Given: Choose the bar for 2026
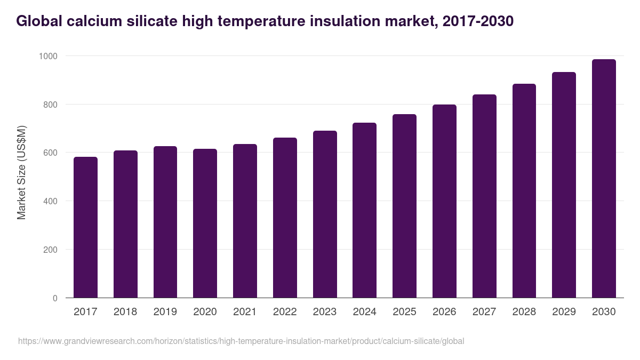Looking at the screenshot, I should coord(444,201).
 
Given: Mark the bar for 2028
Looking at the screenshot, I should coord(524,190).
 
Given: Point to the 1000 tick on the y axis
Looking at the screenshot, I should coord(48,56).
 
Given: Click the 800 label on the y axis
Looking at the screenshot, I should coord(50,105).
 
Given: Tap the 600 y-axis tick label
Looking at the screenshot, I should coord(50,153).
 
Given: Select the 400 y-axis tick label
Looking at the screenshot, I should coord(50,201).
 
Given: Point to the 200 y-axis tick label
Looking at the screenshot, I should coord(50,250).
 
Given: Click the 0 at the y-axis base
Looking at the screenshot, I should coord(55,298).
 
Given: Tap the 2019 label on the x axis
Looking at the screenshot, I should coord(165,312).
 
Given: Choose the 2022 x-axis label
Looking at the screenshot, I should coord(285,312).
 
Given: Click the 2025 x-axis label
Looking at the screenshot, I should coord(404,312).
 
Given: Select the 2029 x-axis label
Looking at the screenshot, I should coord(564,312).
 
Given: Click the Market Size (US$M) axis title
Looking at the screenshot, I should coord(21,172).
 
